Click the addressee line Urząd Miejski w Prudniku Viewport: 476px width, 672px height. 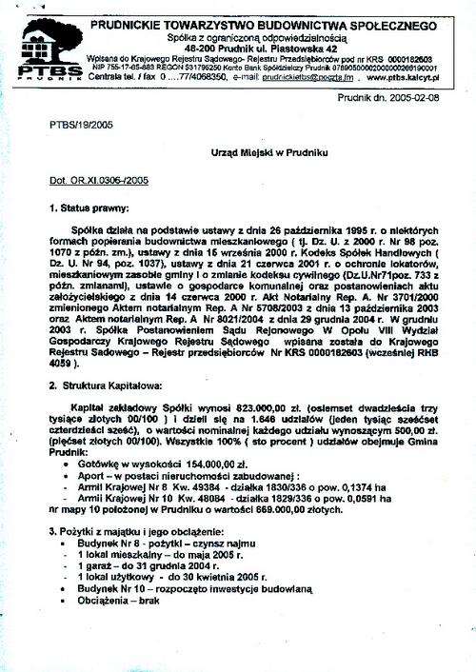(x=269, y=152)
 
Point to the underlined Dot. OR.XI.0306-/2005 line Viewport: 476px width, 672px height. (x=98, y=178)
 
